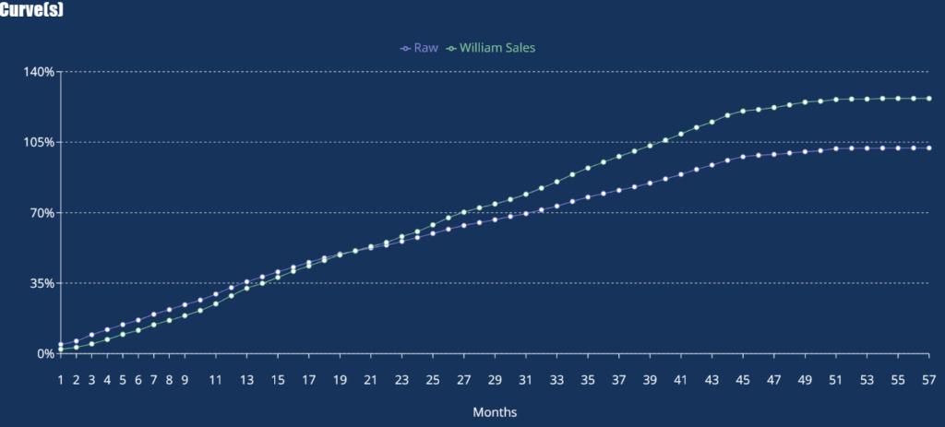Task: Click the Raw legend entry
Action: point(420,47)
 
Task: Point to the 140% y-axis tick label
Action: point(40,72)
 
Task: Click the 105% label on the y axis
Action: point(40,142)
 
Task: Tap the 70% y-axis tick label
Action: point(42,213)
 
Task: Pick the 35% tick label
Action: point(42,283)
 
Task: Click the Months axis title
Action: point(495,411)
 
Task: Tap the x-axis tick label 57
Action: point(928,379)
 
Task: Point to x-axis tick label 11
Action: point(215,379)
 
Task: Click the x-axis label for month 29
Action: point(495,379)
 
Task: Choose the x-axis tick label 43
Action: point(712,379)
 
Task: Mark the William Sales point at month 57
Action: point(928,99)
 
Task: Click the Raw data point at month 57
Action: point(928,148)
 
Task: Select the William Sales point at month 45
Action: point(743,111)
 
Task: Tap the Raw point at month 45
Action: point(743,157)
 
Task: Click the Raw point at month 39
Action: point(650,183)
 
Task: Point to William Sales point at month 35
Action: point(588,168)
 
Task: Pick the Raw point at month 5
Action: point(123,325)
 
